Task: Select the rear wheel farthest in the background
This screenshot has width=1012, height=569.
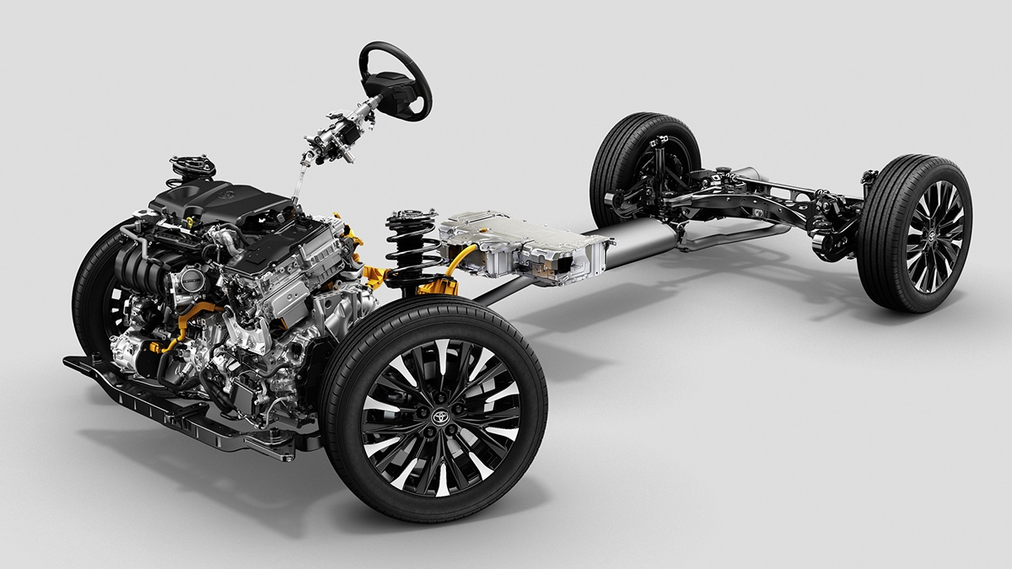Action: pos(645,169)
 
